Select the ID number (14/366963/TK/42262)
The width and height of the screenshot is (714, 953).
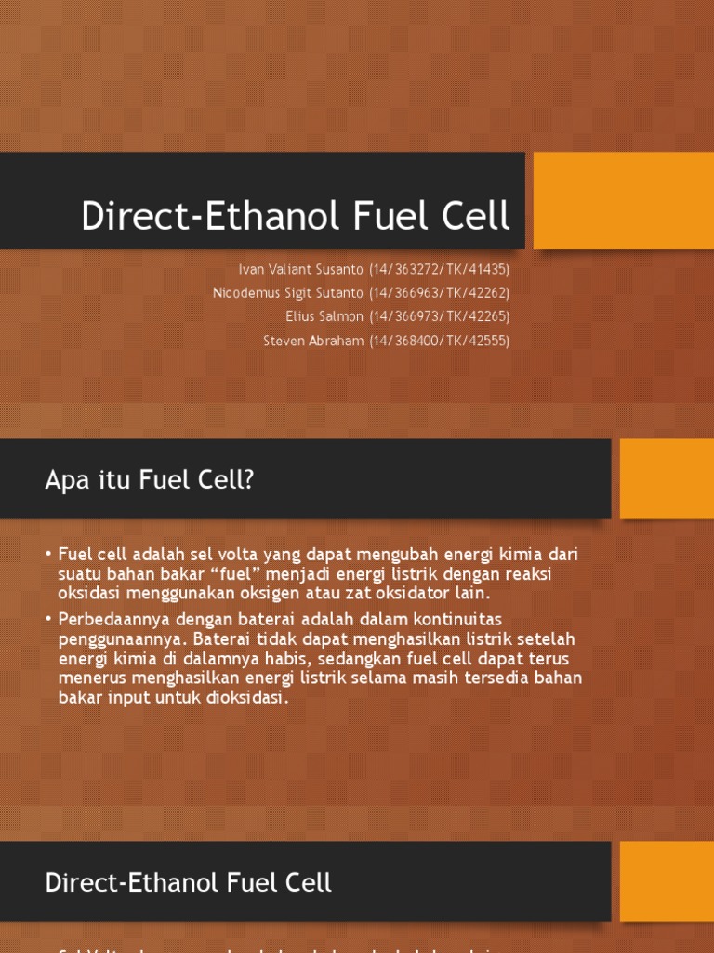439,292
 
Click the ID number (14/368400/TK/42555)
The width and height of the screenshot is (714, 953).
439,341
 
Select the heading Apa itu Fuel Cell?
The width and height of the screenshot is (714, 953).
150,479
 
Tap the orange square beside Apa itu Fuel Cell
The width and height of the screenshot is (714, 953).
666,478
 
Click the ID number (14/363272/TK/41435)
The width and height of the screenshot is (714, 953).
439,269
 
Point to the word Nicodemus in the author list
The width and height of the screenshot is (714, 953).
245,292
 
